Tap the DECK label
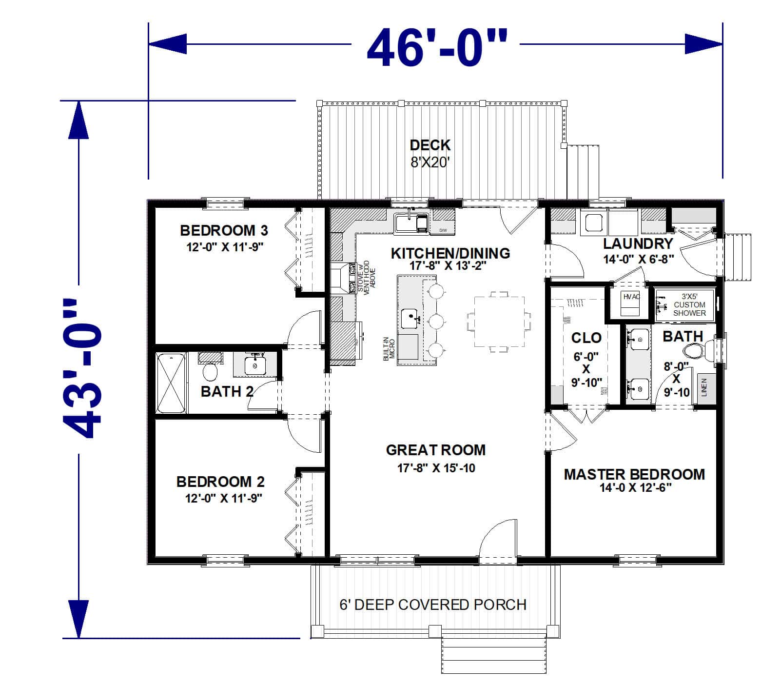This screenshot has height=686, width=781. pos(430,145)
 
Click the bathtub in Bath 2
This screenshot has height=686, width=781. pos(171,383)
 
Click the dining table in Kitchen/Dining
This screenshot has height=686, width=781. pos(499,322)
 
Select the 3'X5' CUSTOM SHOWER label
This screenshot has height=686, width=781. pos(689,305)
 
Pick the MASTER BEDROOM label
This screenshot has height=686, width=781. pos(634,474)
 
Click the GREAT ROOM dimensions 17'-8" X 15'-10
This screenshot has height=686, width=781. pos(436,468)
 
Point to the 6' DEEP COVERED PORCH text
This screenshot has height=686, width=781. pos(433,605)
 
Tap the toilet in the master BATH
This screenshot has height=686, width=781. pos(696,350)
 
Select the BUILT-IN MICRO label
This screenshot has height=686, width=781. pos(389,348)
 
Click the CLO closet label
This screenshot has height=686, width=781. pos(586,338)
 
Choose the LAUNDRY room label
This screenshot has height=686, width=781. pos(638,243)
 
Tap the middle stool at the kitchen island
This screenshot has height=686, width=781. pos(435,321)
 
